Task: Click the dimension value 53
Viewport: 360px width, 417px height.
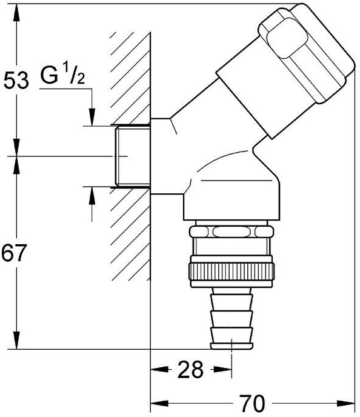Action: pyautogui.click(x=16, y=81)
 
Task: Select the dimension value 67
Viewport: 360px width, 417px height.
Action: pyautogui.click(x=14, y=253)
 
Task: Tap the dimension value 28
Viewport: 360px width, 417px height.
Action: pyautogui.click(x=190, y=369)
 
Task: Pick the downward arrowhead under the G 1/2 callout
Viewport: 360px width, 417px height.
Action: pyautogui.click(x=92, y=116)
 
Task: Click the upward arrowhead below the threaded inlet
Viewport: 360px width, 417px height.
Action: pyautogui.click(x=92, y=196)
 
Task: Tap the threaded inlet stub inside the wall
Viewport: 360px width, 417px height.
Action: pyautogui.click(x=133, y=156)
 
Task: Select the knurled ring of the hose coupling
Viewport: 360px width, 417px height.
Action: pyautogui.click(x=232, y=272)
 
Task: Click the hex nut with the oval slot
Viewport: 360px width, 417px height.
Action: pyautogui.click(x=232, y=232)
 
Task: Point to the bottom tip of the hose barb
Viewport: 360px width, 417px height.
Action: pyautogui.click(x=232, y=349)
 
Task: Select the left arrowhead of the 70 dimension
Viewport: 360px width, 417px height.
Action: pyautogui.click(x=159, y=404)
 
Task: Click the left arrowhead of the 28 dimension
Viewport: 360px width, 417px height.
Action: pyautogui.click(x=159, y=369)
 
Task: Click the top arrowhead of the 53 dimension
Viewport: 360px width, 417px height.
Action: pyautogui.click(x=16, y=13)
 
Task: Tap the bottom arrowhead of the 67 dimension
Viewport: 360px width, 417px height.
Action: pyautogui.click(x=16, y=340)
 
